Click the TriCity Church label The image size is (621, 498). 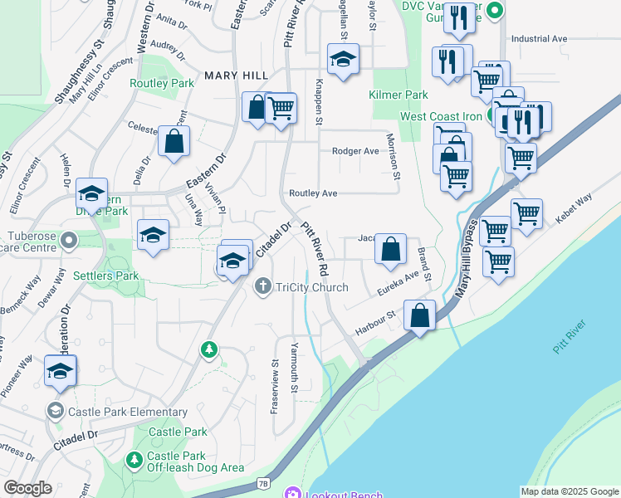[311, 287]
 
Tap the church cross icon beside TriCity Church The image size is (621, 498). [262, 286]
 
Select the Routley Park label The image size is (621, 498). [162, 83]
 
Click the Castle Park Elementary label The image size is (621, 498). [128, 412]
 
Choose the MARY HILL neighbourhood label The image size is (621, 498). [237, 76]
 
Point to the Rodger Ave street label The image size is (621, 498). [355, 151]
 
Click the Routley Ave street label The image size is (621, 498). [313, 193]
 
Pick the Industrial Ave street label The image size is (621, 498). [539, 38]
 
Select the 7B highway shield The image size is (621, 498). [263, 482]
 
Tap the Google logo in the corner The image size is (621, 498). [28, 487]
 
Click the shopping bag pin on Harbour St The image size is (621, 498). [420, 315]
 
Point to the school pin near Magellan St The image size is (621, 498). [342, 60]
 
